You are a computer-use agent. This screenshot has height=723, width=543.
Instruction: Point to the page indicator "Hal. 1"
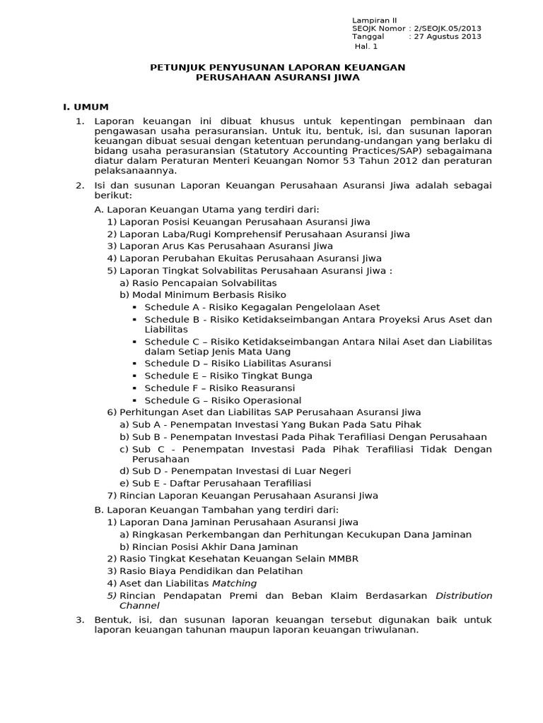tap(366, 47)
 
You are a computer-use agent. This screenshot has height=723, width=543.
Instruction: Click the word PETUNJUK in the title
tap(177, 67)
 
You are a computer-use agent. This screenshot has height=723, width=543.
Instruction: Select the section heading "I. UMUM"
tap(86, 107)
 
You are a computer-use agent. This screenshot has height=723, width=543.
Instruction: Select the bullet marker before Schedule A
tap(135, 307)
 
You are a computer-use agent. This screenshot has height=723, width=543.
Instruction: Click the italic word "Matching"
tap(235, 583)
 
